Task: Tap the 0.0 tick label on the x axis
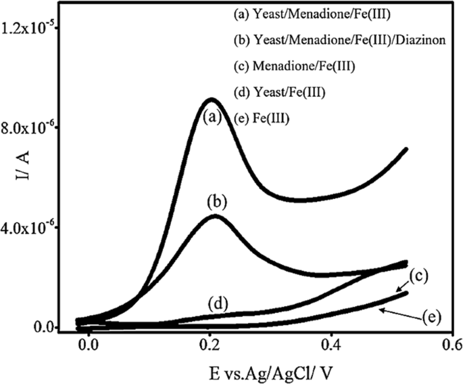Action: point(87,345)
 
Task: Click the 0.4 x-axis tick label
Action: point(331,345)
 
